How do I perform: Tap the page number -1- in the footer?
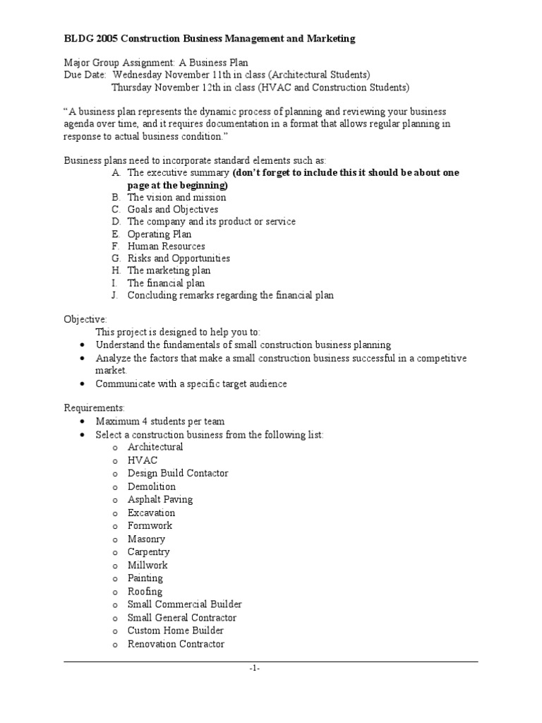click(x=254, y=669)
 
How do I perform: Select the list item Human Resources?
click(x=166, y=246)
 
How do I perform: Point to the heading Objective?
click(x=85, y=319)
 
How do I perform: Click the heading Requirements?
click(x=95, y=408)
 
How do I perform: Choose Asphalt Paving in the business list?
click(x=159, y=499)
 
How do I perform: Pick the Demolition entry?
click(x=151, y=486)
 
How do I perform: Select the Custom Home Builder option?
click(x=176, y=631)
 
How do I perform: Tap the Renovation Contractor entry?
click(x=176, y=644)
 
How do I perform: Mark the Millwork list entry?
click(x=147, y=565)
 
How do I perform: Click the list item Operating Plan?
click(x=159, y=234)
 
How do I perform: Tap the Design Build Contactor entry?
click(x=177, y=473)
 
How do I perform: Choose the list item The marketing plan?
click(x=169, y=270)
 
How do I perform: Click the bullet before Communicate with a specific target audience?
click(x=83, y=384)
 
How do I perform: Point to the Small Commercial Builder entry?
click(x=184, y=604)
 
